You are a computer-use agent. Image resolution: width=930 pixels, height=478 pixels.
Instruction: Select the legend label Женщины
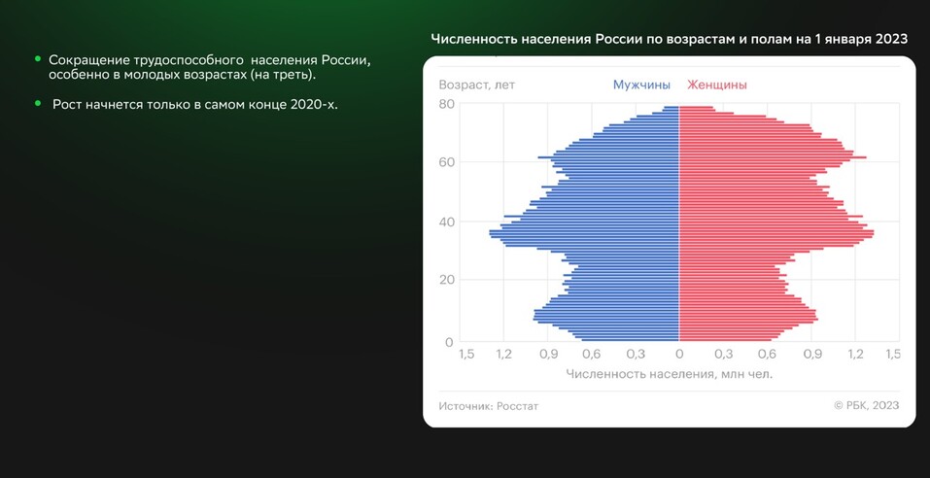click(x=716, y=85)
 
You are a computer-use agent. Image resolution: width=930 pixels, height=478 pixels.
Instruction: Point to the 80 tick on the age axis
click(x=447, y=104)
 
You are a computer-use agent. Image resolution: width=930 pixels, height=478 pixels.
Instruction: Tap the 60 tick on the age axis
click(x=447, y=162)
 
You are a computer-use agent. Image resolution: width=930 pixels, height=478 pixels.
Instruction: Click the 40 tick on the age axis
click(x=447, y=222)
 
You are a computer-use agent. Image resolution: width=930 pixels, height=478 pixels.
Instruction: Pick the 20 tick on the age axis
click(x=447, y=280)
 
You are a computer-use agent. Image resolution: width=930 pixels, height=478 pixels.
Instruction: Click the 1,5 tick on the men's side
click(x=466, y=355)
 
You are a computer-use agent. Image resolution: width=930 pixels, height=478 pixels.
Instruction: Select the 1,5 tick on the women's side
click(x=893, y=355)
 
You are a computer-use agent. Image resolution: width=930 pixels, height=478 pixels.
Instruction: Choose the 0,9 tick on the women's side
click(x=811, y=355)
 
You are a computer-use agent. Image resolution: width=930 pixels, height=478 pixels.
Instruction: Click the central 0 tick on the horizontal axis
click(x=679, y=355)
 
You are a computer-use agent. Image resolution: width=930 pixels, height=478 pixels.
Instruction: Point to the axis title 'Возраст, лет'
click(x=476, y=85)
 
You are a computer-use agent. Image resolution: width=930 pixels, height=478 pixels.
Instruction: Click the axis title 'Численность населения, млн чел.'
click(x=669, y=374)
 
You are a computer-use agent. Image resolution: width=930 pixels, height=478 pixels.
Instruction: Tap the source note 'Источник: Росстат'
click(x=488, y=405)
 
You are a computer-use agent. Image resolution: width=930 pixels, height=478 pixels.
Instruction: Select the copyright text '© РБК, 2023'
click(x=866, y=405)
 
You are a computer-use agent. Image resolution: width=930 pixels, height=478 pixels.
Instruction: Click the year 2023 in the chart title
click(x=891, y=39)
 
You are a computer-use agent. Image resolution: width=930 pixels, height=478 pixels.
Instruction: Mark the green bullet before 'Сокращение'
click(x=38, y=60)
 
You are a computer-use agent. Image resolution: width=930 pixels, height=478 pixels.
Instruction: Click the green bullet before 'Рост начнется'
click(x=38, y=103)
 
